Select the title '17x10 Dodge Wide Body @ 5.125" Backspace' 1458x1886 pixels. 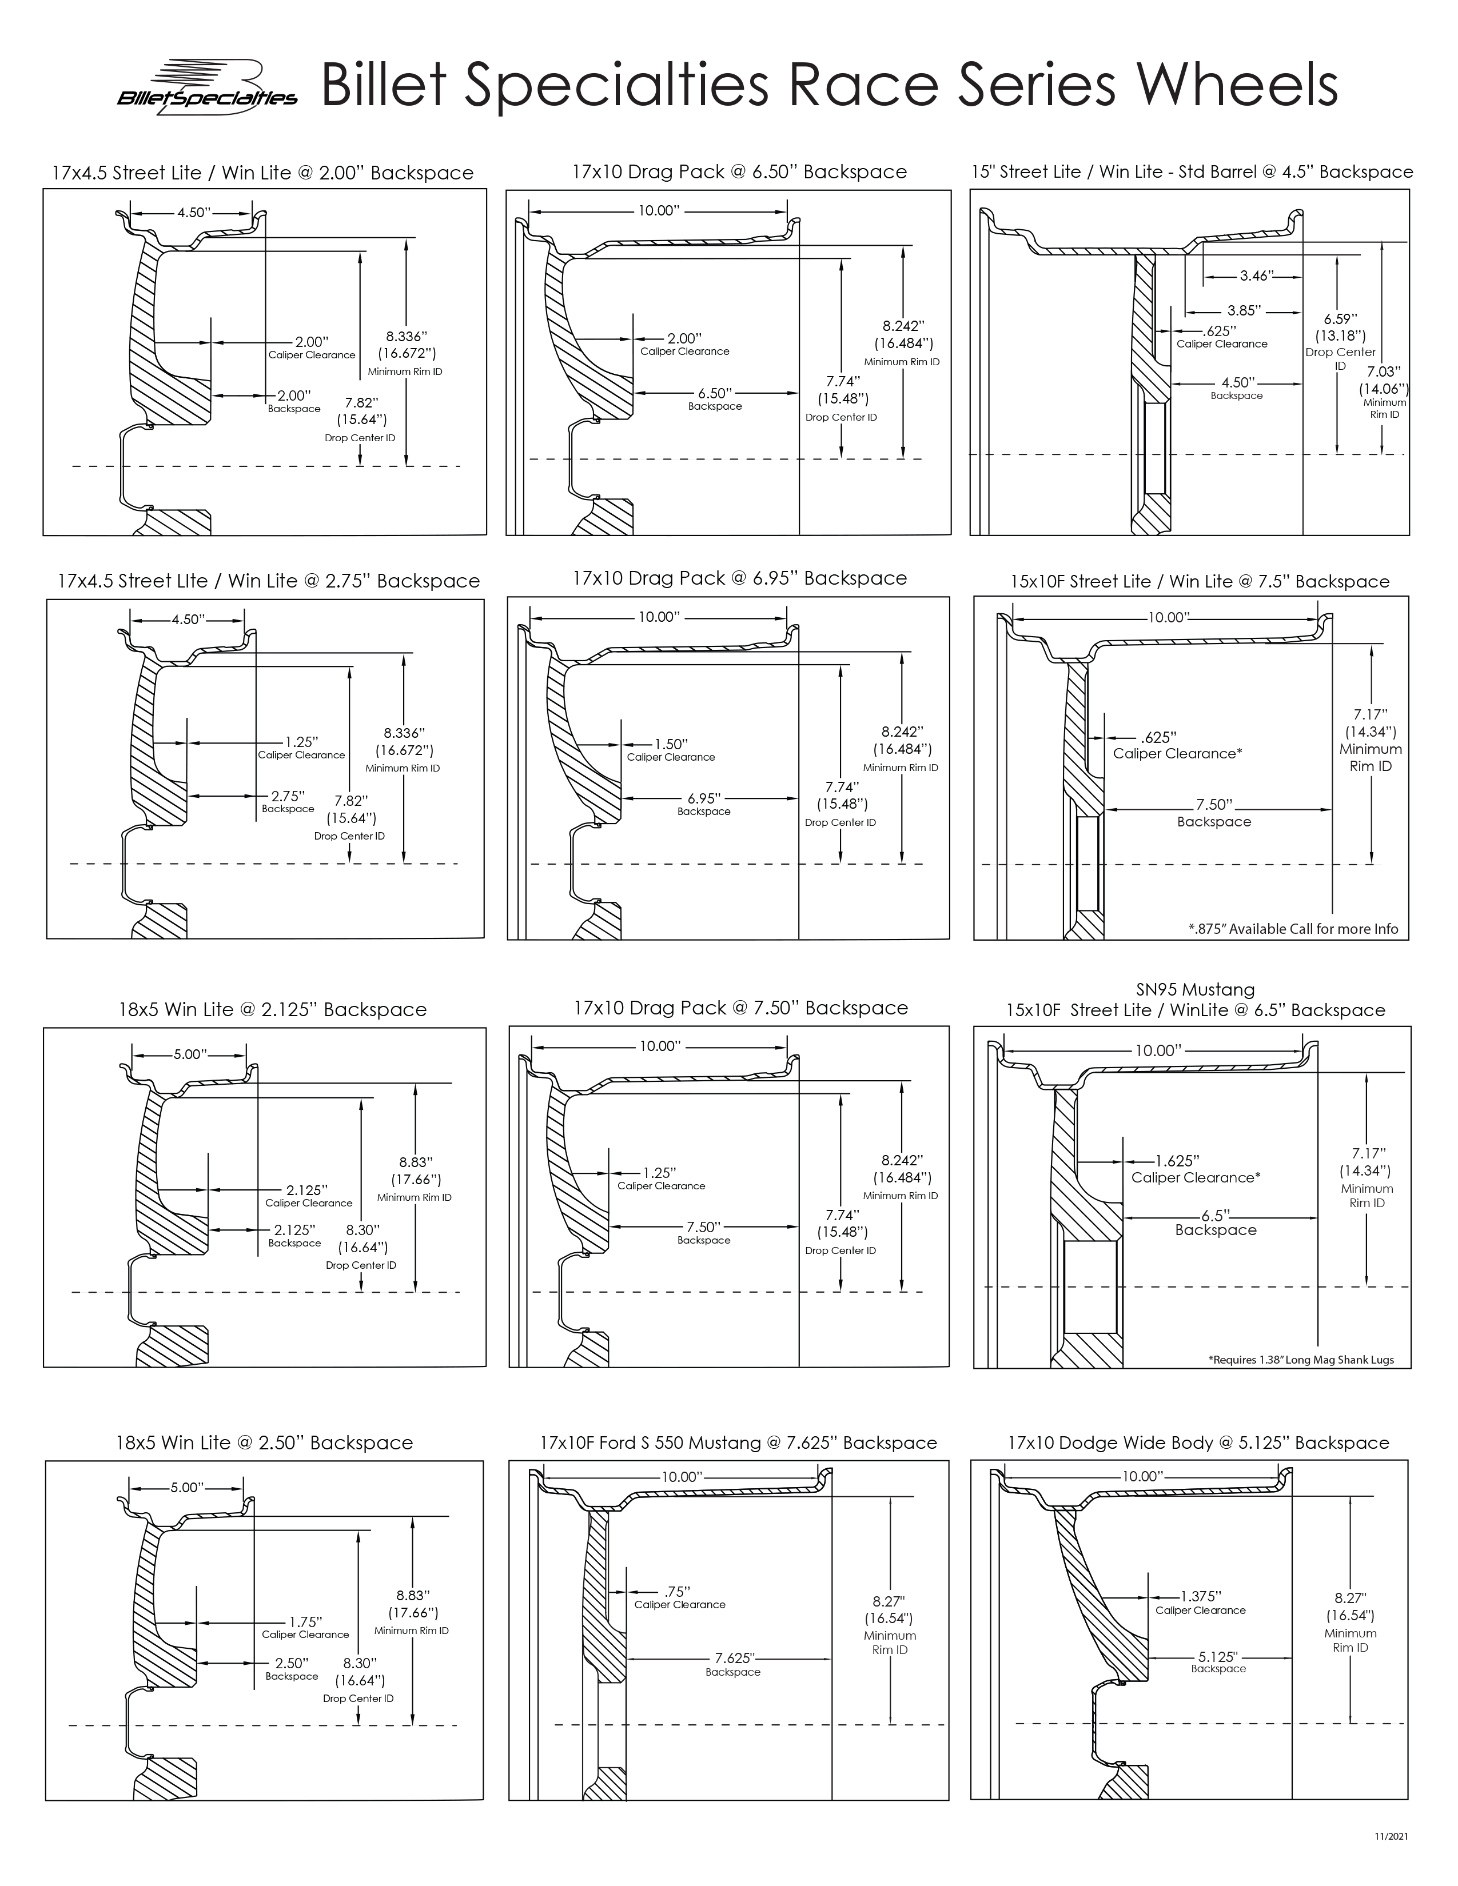pos(1198,1442)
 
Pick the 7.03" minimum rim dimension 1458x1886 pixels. pos(1384,371)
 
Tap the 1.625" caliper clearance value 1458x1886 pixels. pos(1178,1161)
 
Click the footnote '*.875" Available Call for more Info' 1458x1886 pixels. pos(1293,929)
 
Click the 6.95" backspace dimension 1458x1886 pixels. pos(704,799)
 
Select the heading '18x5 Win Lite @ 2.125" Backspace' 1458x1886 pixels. pos(273,1009)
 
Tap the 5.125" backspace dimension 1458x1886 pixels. pos(1218,1657)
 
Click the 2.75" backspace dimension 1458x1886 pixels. pos(288,796)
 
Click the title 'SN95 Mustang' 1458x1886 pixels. pos(1196,990)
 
